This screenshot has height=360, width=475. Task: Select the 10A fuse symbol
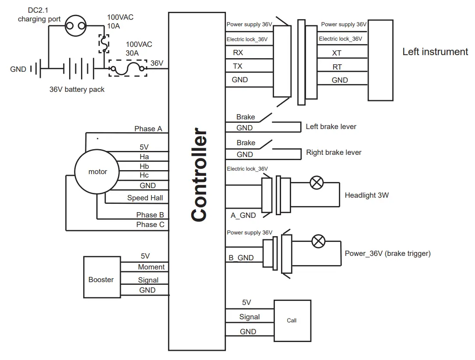(104, 42)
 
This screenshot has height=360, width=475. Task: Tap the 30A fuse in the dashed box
(127, 69)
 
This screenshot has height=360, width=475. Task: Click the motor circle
(97, 171)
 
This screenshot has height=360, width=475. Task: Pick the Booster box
(101, 280)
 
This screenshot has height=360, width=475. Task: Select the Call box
(292, 320)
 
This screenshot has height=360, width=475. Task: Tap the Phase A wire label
(148, 129)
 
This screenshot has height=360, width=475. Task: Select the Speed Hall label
(145, 198)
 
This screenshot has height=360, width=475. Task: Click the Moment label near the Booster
(151, 267)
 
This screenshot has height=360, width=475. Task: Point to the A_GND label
(243, 215)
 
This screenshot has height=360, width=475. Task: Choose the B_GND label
(241, 258)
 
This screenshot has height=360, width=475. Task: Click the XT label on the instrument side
(337, 53)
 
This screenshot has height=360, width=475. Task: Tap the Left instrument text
(435, 52)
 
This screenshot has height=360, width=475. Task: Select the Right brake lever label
(334, 152)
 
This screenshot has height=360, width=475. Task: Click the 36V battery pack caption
(77, 89)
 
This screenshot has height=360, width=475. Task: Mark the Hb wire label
(144, 166)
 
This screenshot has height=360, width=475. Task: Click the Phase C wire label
(150, 224)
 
